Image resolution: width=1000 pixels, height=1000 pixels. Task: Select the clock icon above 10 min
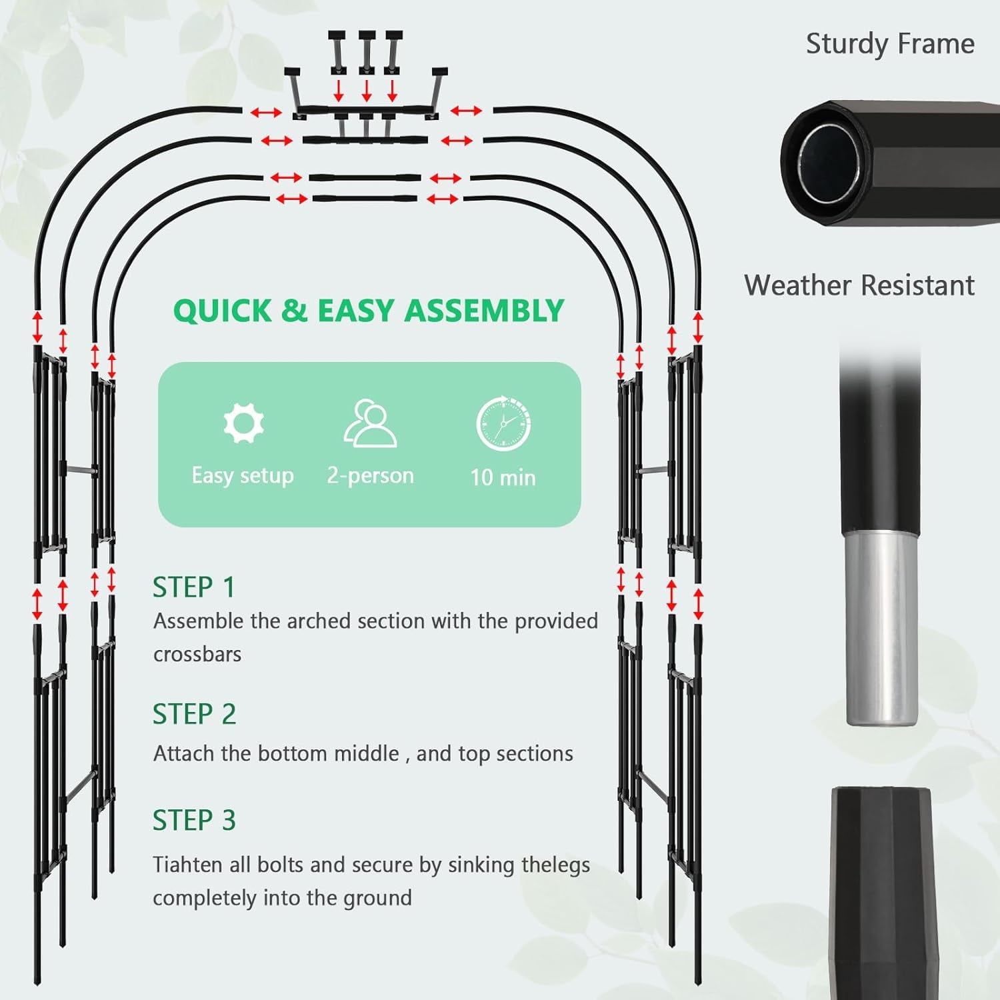coord(503,423)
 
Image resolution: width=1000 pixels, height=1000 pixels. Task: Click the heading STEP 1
coord(194,587)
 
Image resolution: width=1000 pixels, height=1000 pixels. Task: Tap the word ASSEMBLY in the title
coord(484,311)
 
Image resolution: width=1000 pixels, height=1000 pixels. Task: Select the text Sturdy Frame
coord(890,44)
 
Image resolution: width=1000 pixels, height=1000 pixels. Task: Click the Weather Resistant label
coord(859,285)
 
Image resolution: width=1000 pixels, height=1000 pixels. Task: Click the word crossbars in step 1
coord(197,654)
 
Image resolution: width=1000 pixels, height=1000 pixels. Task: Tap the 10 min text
coord(503,477)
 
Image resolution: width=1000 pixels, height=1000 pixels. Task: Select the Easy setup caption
coord(243,476)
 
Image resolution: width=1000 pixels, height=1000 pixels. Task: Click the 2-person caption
coord(370,475)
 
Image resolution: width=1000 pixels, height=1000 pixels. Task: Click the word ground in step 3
coord(377,899)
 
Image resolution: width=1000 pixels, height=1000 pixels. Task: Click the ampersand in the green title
coord(294,311)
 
